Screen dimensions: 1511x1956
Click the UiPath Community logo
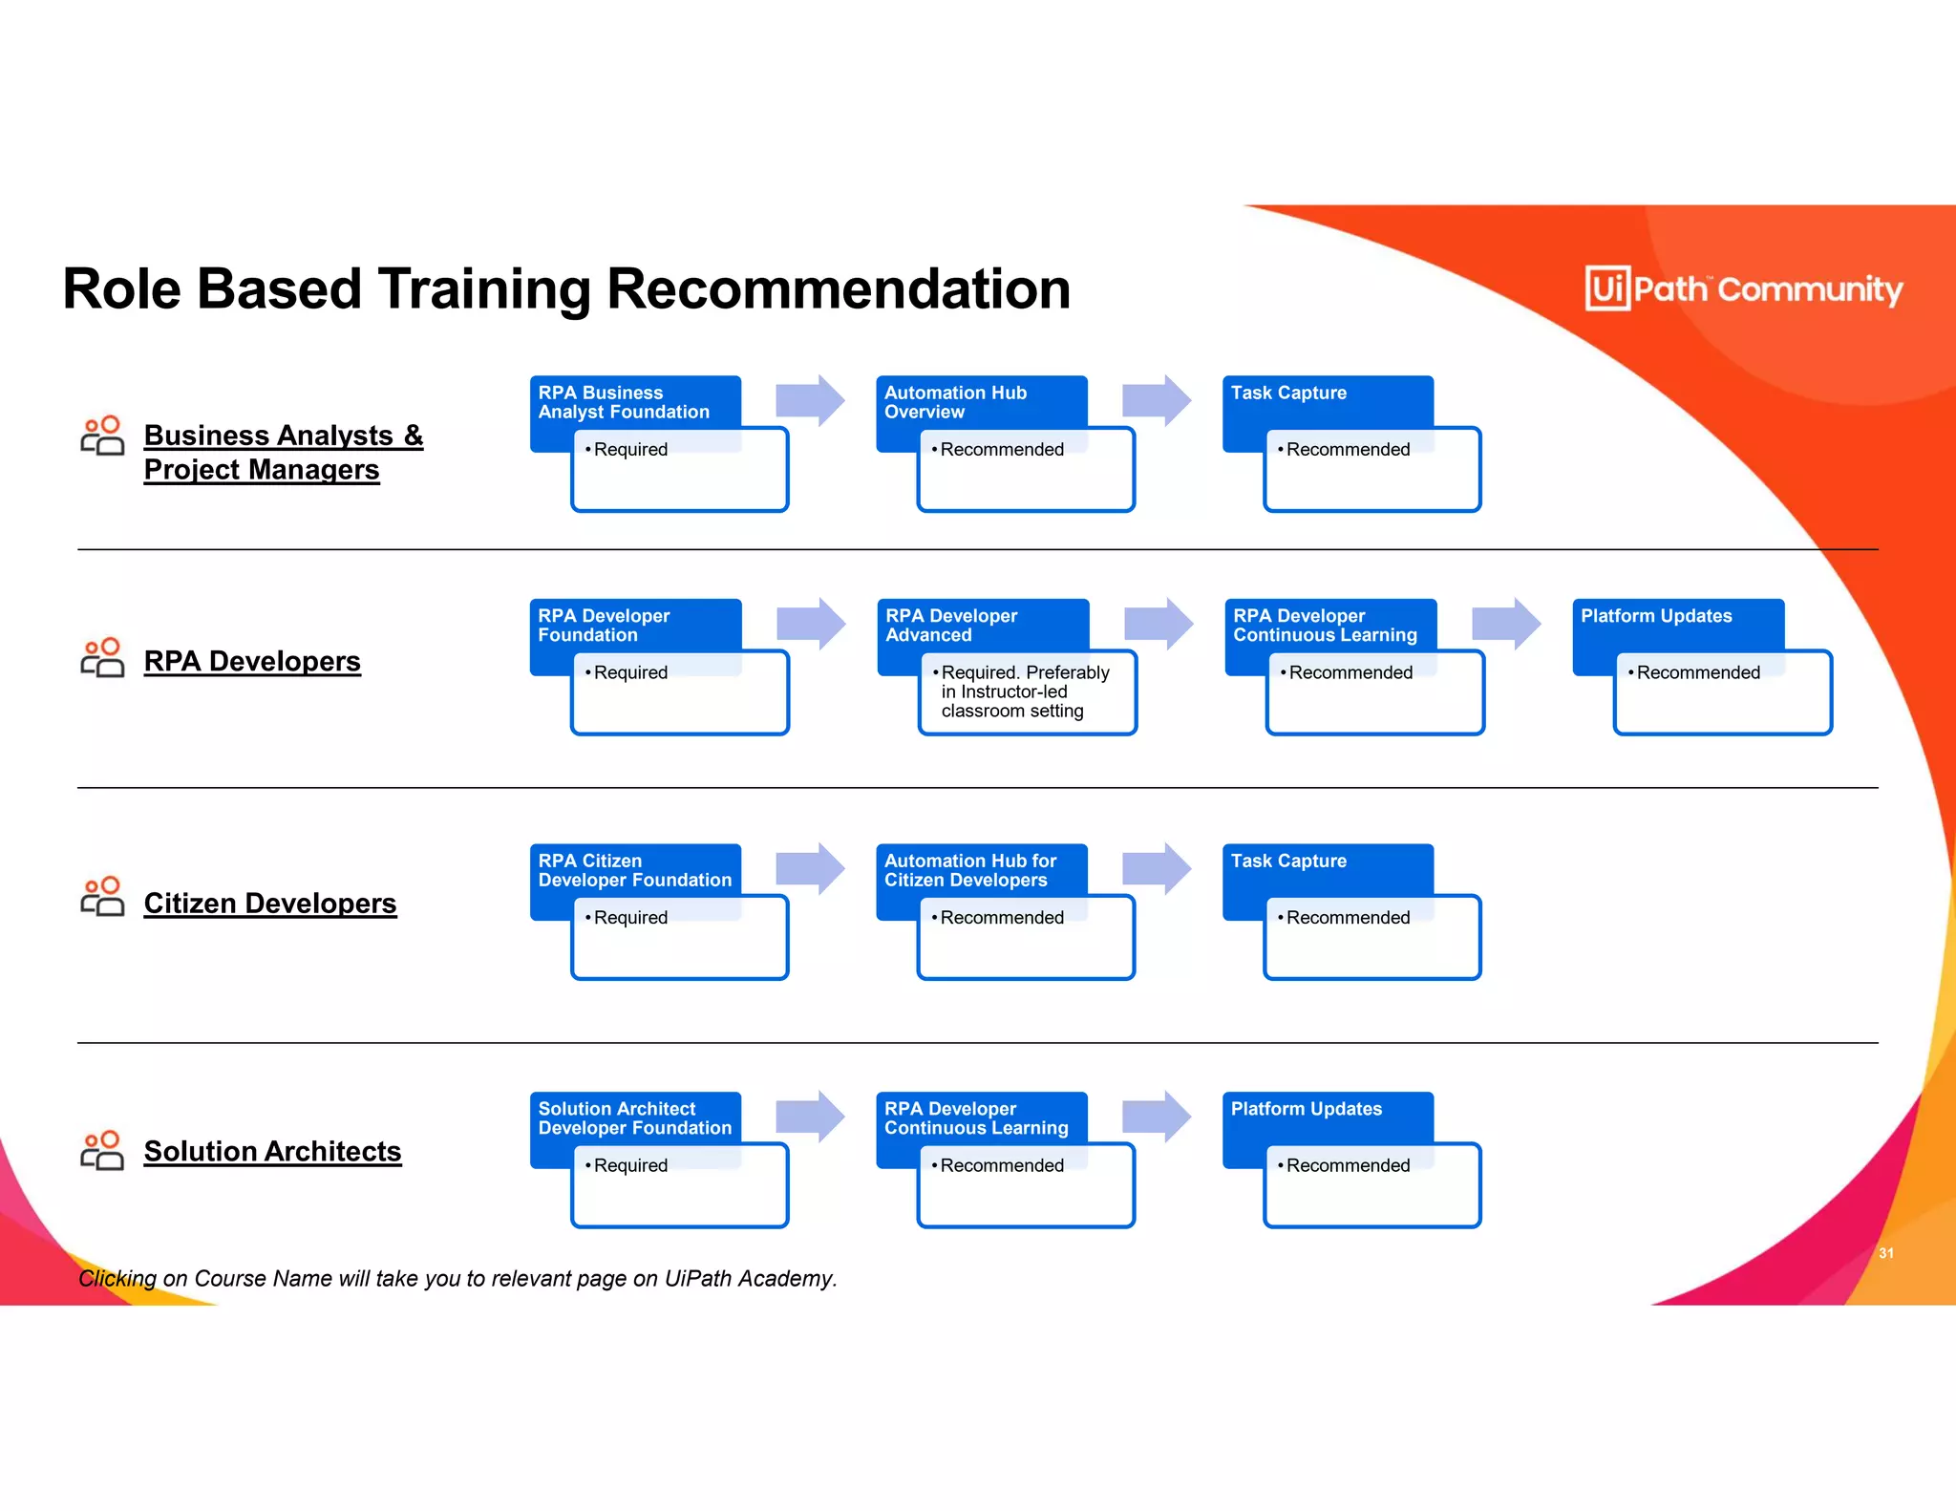pyautogui.click(x=1743, y=288)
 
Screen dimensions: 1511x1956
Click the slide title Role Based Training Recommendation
pyautogui.click(x=566, y=288)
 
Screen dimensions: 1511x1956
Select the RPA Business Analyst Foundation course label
pyautogui.click(x=624, y=402)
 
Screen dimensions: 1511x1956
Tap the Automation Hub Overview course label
pyautogui.click(x=955, y=402)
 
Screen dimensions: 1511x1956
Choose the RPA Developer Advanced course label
pyautogui.click(x=951, y=626)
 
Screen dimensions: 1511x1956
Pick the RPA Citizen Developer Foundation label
pyautogui.click(x=634, y=870)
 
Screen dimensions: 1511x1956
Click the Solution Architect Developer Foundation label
pyautogui.click(x=634, y=1118)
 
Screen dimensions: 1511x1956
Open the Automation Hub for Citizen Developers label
pyautogui.click(x=970, y=870)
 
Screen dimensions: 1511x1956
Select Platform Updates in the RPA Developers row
pyautogui.click(x=1656, y=616)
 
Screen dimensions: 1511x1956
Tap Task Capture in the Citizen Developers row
pyautogui.click(x=1288, y=861)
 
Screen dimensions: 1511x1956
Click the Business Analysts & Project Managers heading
pyautogui.click(x=283, y=453)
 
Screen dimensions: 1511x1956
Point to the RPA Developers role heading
pyautogui.click(x=252, y=661)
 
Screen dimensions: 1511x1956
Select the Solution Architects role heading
pyautogui.click(x=272, y=1151)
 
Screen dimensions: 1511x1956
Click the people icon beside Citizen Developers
pyautogui.click(x=102, y=897)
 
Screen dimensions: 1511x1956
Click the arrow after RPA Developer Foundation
pyautogui.click(x=811, y=624)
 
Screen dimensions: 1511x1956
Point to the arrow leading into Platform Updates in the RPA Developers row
pyautogui.click(x=1506, y=624)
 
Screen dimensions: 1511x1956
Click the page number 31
pyautogui.click(x=1885, y=1253)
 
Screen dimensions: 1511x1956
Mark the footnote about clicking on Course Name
pyautogui.click(x=457, y=1278)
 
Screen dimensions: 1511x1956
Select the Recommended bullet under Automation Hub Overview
pyautogui.click(x=1001, y=449)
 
